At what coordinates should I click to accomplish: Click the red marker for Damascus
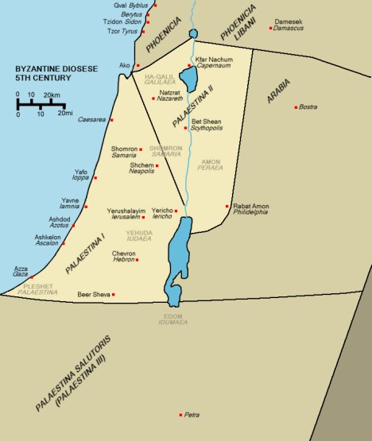pos(271,29)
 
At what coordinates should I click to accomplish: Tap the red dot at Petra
pos(180,414)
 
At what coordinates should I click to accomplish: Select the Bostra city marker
pos(296,107)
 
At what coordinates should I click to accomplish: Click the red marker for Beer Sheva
pos(114,295)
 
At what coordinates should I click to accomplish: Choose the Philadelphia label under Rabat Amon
pos(250,213)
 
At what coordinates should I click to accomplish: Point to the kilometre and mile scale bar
pos(39,105)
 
